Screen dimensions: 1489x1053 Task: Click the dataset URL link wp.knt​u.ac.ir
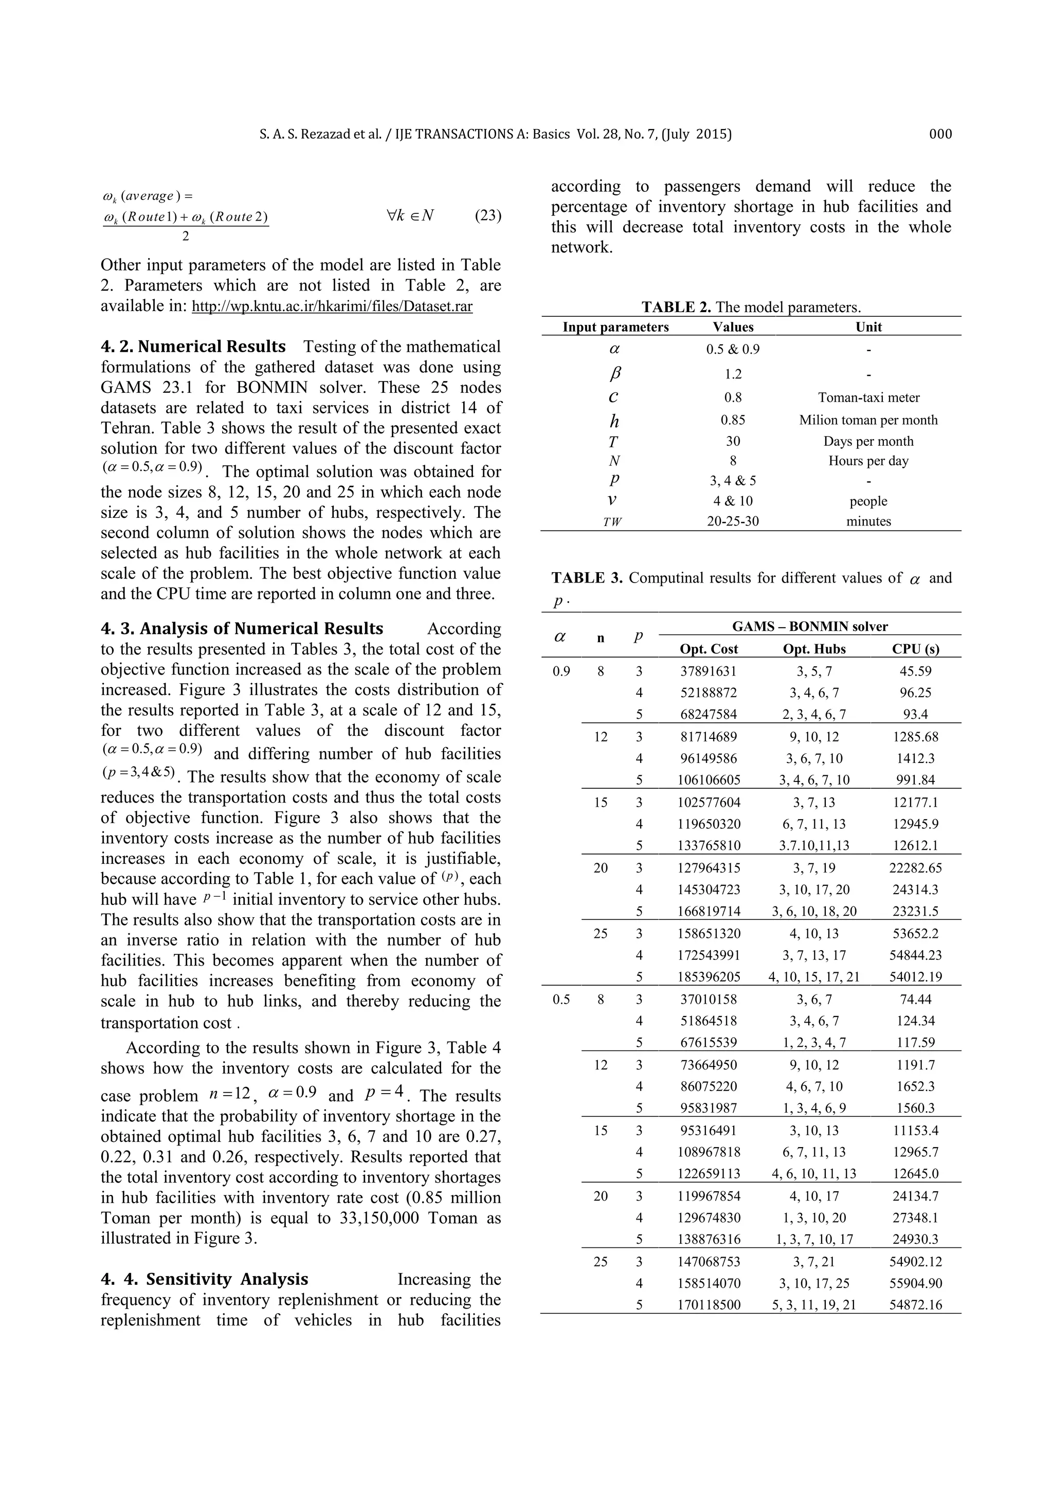tap(332, 306)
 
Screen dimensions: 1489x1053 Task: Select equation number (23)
tap(487, 216)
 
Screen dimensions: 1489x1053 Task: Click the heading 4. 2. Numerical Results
tap(193, 347)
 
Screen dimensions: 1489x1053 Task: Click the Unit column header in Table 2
tap(868, 327)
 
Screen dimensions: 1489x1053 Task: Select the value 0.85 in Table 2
tap(733, 420)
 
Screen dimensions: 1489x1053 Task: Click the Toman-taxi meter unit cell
tap(868, 397)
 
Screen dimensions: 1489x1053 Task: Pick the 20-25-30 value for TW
tap(733, 521)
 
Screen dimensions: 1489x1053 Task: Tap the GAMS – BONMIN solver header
tap(809, 626)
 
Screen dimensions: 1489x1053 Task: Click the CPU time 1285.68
tap(915, 737)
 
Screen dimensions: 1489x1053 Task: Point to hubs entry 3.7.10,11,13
tap(814, 846)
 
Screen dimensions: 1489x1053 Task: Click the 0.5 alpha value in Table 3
tap(561, 1000)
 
